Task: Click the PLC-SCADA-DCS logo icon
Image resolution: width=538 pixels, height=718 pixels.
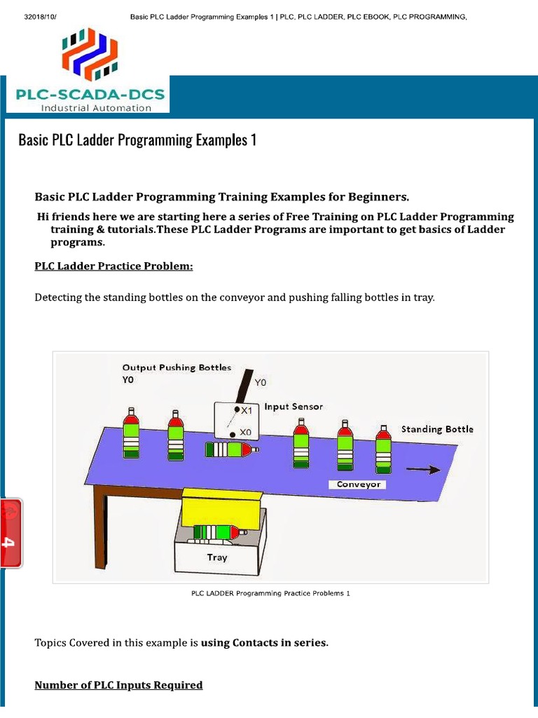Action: (x=87, y=54)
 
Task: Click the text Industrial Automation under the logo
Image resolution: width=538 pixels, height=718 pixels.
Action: (x=96, y=108)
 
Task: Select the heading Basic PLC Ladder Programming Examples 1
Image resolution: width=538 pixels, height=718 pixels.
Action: (x=137, y=140)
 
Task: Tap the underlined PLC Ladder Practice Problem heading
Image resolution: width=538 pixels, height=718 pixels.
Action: (x=113, y=266)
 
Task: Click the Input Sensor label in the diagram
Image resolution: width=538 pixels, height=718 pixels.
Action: (x=294, y=407)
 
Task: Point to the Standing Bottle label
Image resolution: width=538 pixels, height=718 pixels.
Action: (x=436, y=429)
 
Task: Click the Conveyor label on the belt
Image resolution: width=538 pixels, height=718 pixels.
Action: (x=359, y=485)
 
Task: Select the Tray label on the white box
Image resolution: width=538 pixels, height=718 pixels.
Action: (x=217, y=557)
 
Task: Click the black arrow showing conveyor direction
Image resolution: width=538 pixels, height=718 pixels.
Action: (x=424, y=470)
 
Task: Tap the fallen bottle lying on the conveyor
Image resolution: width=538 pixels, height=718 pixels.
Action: (x=232, y=449)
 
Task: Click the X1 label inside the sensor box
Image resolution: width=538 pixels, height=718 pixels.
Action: (x=246, y=411)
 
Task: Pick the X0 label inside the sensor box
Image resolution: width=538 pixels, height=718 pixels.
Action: (x=244, y=433)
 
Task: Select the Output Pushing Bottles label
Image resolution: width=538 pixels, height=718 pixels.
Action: (x=177, y=367)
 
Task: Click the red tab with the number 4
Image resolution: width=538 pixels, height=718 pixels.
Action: (x=12, y=533)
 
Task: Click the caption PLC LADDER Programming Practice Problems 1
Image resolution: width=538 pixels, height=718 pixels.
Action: (x=270, y=593)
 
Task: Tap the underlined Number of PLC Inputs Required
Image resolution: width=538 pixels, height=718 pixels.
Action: (x=118, y=685)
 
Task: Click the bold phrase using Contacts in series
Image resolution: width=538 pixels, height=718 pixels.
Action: (x=264, y=642)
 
